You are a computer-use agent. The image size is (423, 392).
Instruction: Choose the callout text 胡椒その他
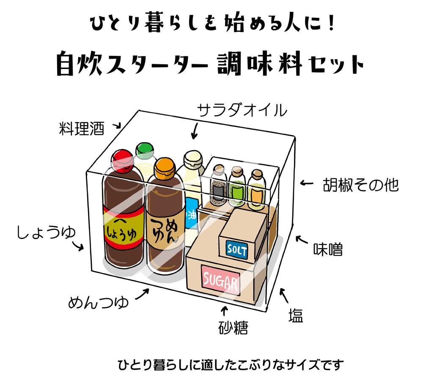pyautogui.click(x=360, y=185)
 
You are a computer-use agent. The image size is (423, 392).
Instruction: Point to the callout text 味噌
pyautogui.click(x=327, y=249)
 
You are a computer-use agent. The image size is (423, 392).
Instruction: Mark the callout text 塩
pyautogui.click(x=296, y=316)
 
